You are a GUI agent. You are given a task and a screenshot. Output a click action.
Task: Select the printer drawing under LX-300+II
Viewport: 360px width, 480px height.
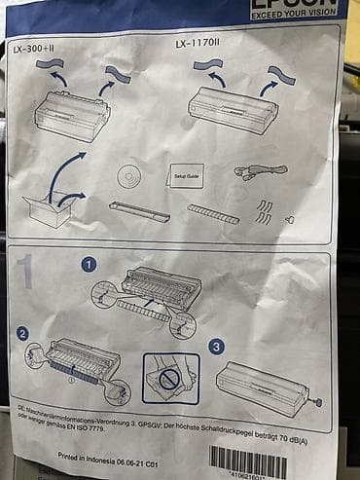tap(72, 115)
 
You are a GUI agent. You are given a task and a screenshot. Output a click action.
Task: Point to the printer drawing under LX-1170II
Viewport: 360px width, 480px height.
tap(237, 105)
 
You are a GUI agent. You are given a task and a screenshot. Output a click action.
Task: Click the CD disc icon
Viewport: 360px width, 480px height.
tap(129, 176)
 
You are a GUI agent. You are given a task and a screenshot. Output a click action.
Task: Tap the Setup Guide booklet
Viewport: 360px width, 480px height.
tap(186, 178)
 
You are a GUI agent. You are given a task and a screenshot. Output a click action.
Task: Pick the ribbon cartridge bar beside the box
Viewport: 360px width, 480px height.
tap(139, 209)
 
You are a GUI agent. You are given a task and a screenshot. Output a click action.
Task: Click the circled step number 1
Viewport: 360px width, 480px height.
tap(88, 263)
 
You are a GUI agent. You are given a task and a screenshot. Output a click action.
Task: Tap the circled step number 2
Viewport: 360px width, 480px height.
tap(22, 334)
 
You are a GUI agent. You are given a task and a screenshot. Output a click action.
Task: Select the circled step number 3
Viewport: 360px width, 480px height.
tap(216, 344)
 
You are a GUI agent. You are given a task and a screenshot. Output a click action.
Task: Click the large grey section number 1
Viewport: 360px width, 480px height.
tap(24, 275)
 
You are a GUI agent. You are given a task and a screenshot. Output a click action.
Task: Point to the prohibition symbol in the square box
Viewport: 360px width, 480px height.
tap(169, 378)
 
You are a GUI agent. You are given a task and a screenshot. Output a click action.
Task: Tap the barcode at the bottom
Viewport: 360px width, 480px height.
tap(248, 462)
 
